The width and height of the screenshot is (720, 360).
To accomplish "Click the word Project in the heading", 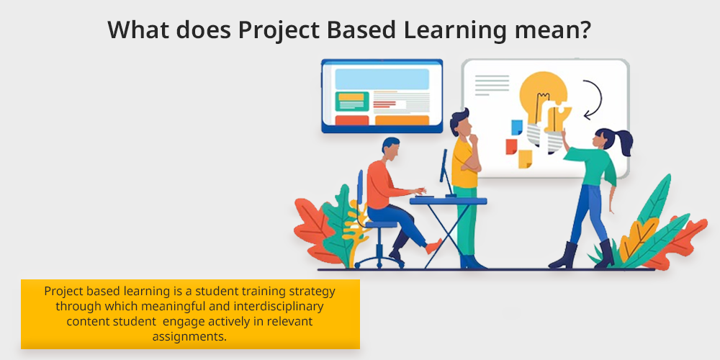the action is [x=278, y=30].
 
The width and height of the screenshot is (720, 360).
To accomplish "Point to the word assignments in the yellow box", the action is [x=189, y=336].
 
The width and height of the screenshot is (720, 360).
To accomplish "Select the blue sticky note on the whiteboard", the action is [x=517, y=127].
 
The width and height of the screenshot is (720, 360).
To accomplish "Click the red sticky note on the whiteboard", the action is [x=511, y=146].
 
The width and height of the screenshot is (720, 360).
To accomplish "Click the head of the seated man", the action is [x=391, y=148].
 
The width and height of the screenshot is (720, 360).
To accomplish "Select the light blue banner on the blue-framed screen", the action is [x=382, y=79].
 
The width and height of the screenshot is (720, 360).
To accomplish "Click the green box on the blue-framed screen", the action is [x=352, y=102].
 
